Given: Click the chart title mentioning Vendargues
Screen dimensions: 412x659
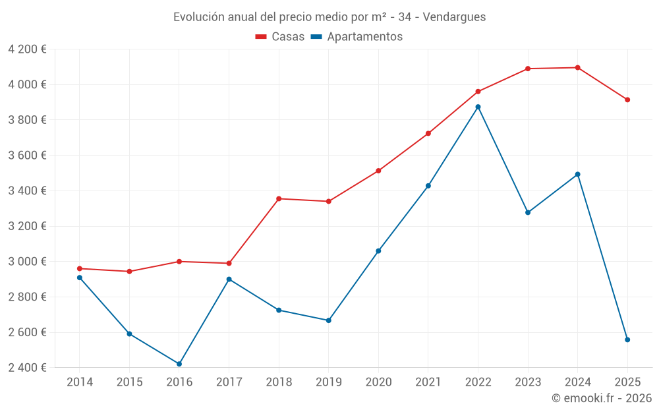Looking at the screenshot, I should tap(329, 17).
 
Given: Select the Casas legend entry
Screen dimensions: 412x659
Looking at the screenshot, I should tap(280, 37).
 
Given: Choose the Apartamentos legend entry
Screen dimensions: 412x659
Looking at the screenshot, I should tap(356, 37).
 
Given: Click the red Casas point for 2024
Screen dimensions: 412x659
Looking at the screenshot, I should tap(577, 68).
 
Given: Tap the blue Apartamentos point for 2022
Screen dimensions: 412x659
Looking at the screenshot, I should tap(478, 107).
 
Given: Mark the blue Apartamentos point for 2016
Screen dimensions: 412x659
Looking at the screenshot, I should tap(179, 364).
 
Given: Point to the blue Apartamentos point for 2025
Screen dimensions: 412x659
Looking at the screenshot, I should tap(627, 339).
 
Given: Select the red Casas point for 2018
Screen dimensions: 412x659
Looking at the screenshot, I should tap(279, 198).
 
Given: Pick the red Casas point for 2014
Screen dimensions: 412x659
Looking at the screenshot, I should tap(80, 268).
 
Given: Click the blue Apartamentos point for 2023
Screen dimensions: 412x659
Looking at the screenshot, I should tap(528, 212).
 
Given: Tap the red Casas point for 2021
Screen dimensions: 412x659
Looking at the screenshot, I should tap(428, 134).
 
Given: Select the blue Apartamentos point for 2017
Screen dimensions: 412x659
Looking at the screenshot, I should tap(229, 280).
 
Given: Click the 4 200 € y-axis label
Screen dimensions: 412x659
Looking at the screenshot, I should tap(27, 49).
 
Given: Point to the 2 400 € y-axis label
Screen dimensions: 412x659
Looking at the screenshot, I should tap(27, 368).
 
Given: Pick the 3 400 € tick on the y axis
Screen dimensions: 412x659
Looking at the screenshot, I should tap(27, 191).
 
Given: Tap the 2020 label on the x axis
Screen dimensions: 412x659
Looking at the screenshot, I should tap(378, 382).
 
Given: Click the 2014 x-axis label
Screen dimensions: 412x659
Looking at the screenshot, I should tap(80, 382).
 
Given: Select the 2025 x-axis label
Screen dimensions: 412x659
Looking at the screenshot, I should tap(627, 382).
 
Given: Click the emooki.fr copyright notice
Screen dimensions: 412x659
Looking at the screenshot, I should tap(601, 398).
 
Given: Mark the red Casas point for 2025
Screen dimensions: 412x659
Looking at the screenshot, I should tap(627, 100).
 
